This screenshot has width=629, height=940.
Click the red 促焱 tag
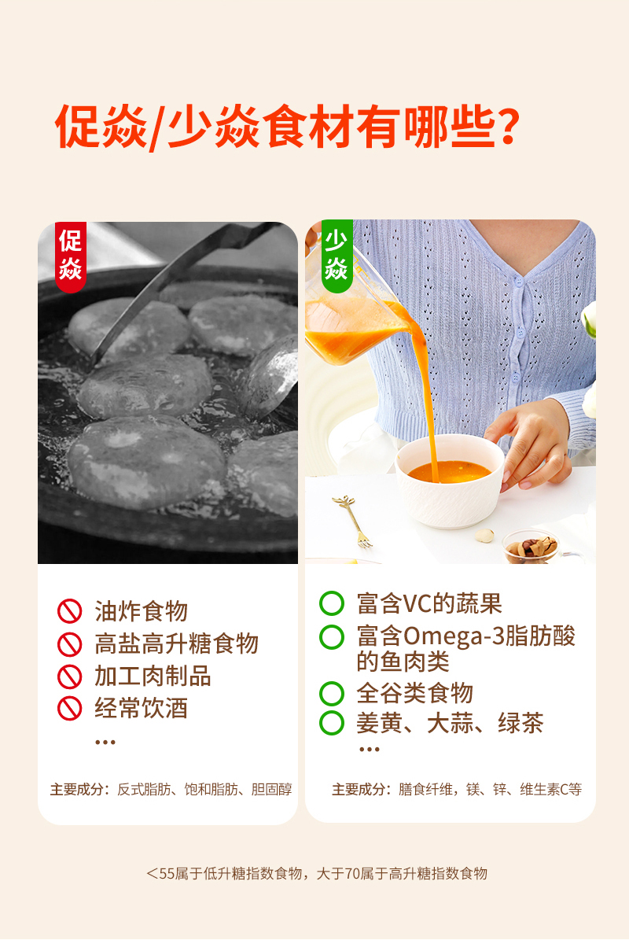[71, 256]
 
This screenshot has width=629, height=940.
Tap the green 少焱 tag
[337, 256]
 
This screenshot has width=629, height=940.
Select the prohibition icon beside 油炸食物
[69, 611]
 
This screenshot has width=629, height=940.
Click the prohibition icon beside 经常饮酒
[69, 709]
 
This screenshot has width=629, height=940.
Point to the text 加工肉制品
[153, 676]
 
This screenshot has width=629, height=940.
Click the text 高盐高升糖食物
[177, 644]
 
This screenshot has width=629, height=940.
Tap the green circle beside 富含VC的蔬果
[332, 603]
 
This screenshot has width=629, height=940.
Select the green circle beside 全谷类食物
[332, 694]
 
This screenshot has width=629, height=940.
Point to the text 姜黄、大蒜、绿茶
[450, 723]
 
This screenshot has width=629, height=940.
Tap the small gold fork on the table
[353, 521]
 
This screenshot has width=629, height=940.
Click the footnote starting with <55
[317, 873]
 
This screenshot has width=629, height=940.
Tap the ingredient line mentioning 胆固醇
[171, 790]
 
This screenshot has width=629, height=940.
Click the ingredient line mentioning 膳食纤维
[457, 790]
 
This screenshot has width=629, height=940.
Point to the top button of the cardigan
[520, 282]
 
